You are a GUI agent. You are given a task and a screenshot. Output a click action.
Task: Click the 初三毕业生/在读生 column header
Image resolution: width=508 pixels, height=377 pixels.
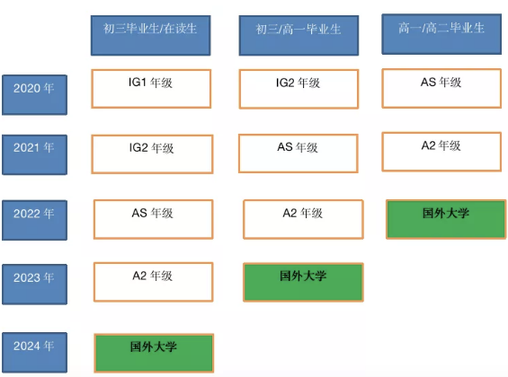[x=151, y=36]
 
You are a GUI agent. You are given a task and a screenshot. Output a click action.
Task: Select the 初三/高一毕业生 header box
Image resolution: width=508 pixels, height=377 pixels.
[x=299, y=36]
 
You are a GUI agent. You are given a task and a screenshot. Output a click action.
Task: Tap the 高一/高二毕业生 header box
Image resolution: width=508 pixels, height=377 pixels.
[x=441, y=34]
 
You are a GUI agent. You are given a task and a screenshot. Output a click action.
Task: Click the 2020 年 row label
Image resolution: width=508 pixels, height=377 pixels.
[x=35, y=95]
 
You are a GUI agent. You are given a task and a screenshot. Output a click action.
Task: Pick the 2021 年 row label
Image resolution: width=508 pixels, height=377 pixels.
[x=35, y=155]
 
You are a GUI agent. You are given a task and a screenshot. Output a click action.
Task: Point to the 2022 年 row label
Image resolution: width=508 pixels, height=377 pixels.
[x=35, y=220]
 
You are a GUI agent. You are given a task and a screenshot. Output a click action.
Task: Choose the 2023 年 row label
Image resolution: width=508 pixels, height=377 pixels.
[x=35, y=285]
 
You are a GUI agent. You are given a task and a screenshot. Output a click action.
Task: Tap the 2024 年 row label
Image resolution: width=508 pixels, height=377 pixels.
[x=35, y=353]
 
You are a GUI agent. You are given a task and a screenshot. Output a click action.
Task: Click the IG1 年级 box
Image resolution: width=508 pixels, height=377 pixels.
[x=151, y=89]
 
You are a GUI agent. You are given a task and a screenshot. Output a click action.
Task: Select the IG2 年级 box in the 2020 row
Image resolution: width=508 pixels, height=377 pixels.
[x=299, y=89]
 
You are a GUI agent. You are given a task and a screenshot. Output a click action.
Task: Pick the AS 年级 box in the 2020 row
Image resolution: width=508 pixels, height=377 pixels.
[x=441, y=88]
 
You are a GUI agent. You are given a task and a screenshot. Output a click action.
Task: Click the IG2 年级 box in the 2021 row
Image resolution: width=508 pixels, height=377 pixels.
[x=152, y=154]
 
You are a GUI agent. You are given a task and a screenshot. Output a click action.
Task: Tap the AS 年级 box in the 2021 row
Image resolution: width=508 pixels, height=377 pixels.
[x=299, y=153]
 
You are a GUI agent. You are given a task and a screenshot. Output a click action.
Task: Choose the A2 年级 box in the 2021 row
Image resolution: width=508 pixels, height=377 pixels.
[x=441, y=152]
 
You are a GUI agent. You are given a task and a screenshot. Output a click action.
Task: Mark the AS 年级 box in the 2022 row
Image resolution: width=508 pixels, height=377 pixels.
[x=153, y=219]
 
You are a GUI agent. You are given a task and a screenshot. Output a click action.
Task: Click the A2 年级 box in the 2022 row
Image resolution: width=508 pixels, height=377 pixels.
[x=303, y=219]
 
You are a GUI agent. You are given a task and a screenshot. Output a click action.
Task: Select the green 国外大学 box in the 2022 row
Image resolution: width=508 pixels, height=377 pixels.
[x=446, y=219]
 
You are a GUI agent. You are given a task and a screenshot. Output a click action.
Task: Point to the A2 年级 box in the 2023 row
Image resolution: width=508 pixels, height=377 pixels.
[x=153, y=282]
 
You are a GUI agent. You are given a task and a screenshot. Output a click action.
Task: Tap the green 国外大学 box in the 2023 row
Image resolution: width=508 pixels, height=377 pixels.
[x=303, y=282]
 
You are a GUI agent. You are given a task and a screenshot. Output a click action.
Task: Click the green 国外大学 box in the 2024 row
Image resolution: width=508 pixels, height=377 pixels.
[x=154, y=353]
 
